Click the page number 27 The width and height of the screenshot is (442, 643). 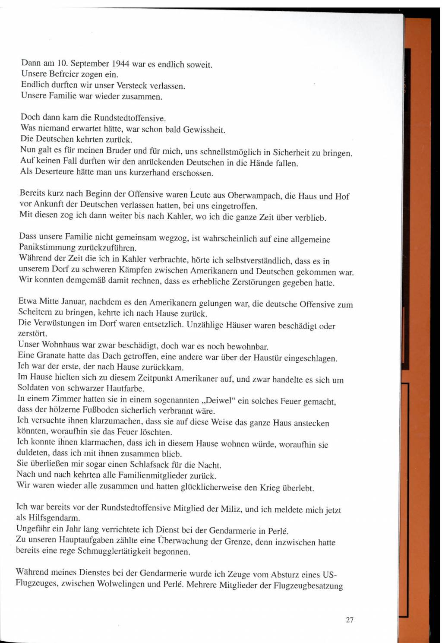pyautogui.click(x=350, y=620)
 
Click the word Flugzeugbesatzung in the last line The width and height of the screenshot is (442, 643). pyautogui.click(x=308, y=586)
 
